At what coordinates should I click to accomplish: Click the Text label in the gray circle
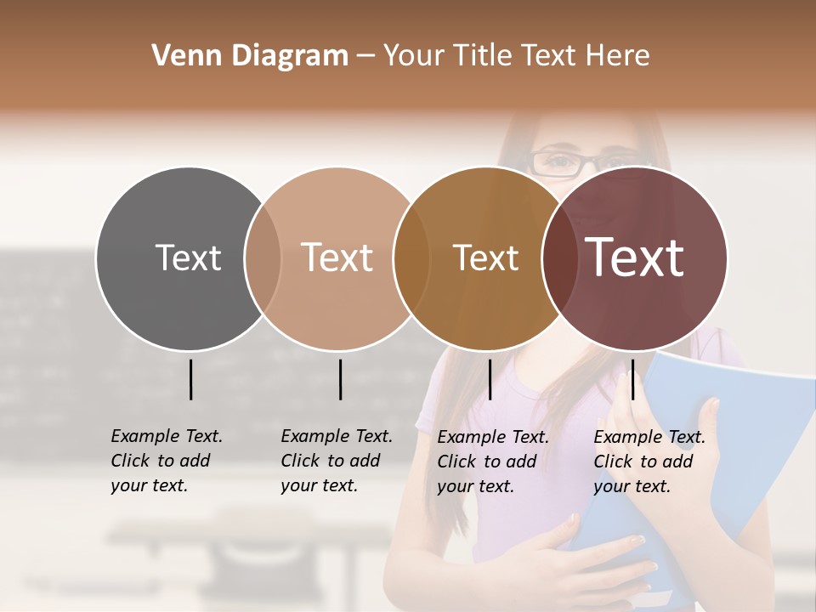click(x=188, y=258)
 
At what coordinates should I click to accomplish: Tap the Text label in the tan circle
click(x=337, y=258)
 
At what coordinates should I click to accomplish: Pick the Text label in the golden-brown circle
click(x=485, y=258)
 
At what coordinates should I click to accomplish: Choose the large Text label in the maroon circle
click(x=635, y=258)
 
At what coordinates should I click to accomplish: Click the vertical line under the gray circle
click(x=191, y=379)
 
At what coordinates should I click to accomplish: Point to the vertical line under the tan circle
click(x=340, y=379)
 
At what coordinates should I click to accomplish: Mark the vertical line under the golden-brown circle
click(x=490, y=379)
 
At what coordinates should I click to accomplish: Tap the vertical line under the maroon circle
click(x=632, y=379)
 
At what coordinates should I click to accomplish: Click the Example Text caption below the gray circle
click(x=166, y=461)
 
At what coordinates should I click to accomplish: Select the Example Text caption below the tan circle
click(x=336, y=461)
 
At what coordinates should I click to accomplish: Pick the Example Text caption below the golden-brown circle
click(x=492, y=462)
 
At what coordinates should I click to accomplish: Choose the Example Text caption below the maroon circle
click(x=649, y=462)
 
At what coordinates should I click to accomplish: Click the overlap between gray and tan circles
click(x=263, y=258)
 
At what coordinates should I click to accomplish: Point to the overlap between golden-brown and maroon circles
click(x=560, y=258)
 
